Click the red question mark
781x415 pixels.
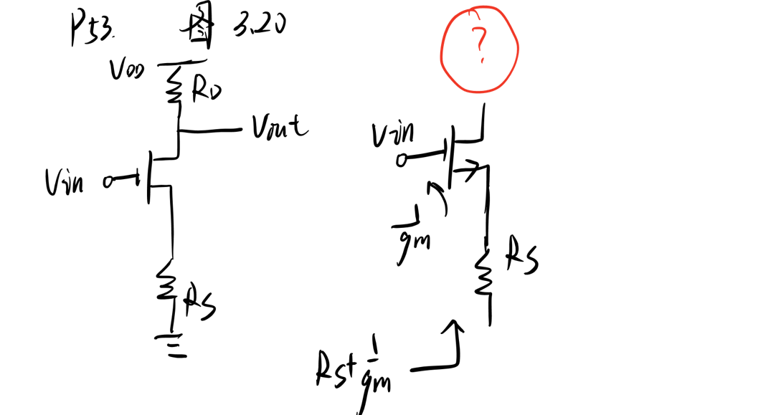click(x=480, y=48)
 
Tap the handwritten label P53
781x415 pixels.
click(x=91, y=29)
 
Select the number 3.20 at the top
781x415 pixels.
click(x=259, y=25)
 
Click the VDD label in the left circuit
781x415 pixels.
click(x=126, y=70)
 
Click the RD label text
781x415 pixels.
click(x=206, y=90)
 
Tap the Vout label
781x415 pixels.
click(x=279, y=128)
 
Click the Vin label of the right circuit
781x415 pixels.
click(x=392, y=134)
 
